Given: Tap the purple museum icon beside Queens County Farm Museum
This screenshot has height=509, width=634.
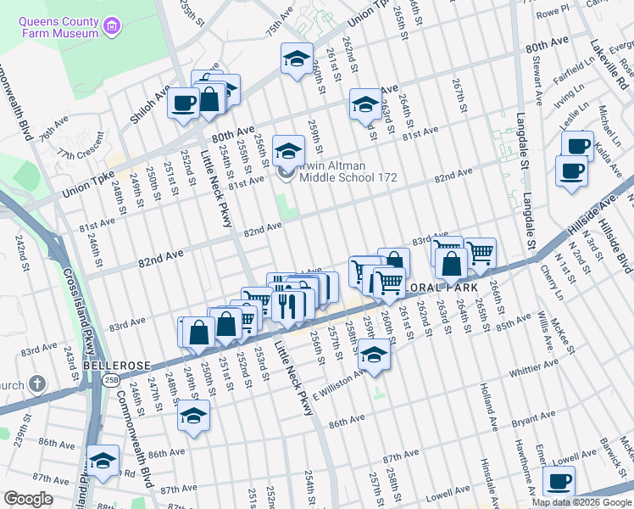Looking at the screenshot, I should [x=110, y=26].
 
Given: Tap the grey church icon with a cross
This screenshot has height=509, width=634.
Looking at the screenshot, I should [x=36, y=384].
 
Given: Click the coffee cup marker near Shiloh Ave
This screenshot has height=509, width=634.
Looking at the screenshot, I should [x=183, y=103].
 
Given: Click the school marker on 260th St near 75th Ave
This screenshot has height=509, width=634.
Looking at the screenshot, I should [x=297, y=59].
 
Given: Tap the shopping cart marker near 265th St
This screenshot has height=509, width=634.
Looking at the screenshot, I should [x=480, y=252].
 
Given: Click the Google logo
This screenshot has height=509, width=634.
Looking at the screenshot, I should [x=29, y=499].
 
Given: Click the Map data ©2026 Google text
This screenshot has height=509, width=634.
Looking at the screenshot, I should [x=581, y=502].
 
